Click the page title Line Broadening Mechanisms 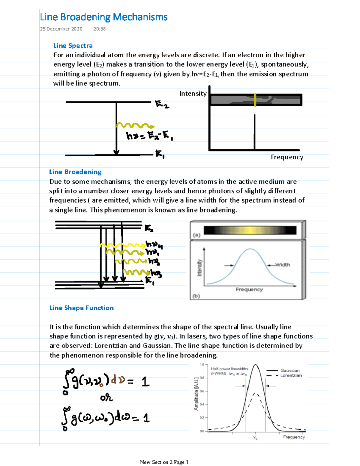[x=103, y=17]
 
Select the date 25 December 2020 [x=61, y=29]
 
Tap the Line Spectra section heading [x=73, y=46]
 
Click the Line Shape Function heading [x=82, y=308]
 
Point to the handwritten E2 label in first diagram [x=162, y=104]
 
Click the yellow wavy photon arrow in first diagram [x=135, y=126]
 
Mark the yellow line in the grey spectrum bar [x=255, y=100]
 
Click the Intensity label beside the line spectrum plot [x=193, y=94]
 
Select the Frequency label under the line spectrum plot [x=287, y=157]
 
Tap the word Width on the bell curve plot [x=283, y=265]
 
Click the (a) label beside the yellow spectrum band [x=196, y=235]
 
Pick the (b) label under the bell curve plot [x=196, y=296]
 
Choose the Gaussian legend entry [x=290, y=371]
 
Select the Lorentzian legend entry [x=291, y=376]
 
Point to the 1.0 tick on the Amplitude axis [x=202, y=365]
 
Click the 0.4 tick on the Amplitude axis [x=202, y=404]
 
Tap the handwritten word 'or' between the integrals [x=106, y=398]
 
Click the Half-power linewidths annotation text [x=229, y=369]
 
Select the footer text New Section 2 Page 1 [x=164, y=462]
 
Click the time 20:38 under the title [x=99, y=29]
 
